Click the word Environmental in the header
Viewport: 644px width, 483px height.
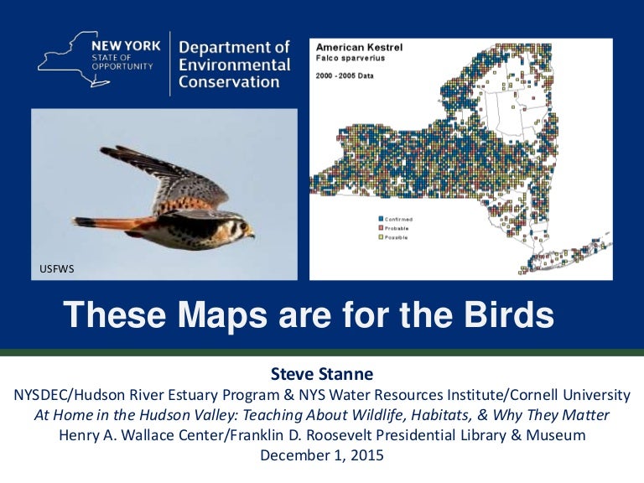235,65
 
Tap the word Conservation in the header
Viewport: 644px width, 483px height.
229,82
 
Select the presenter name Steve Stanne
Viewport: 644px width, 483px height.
322,373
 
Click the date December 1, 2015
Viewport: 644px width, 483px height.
322,456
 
